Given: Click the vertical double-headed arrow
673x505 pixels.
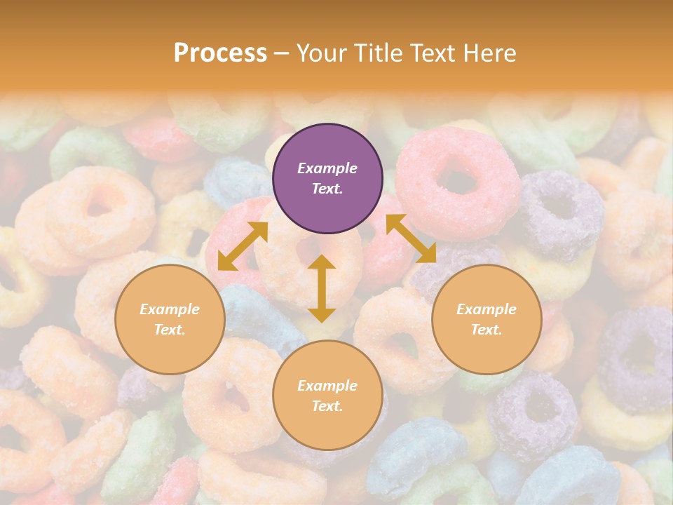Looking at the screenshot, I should coord(322,288).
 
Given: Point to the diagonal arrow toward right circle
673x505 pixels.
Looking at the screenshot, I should coord(411,238).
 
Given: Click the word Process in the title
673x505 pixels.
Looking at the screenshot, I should coord(220,53).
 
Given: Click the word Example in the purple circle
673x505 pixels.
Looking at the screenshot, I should coord(327,168).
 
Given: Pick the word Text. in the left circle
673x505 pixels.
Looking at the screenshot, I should coord(170,330).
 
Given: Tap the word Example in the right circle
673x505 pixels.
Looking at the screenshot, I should coord(487,309).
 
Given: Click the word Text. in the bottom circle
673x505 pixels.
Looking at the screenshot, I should coord(327,406).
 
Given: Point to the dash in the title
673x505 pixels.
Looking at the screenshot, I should coord(282,53).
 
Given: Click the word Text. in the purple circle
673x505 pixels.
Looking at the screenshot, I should coord(327,189).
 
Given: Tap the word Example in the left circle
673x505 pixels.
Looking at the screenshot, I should coord(170,309).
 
